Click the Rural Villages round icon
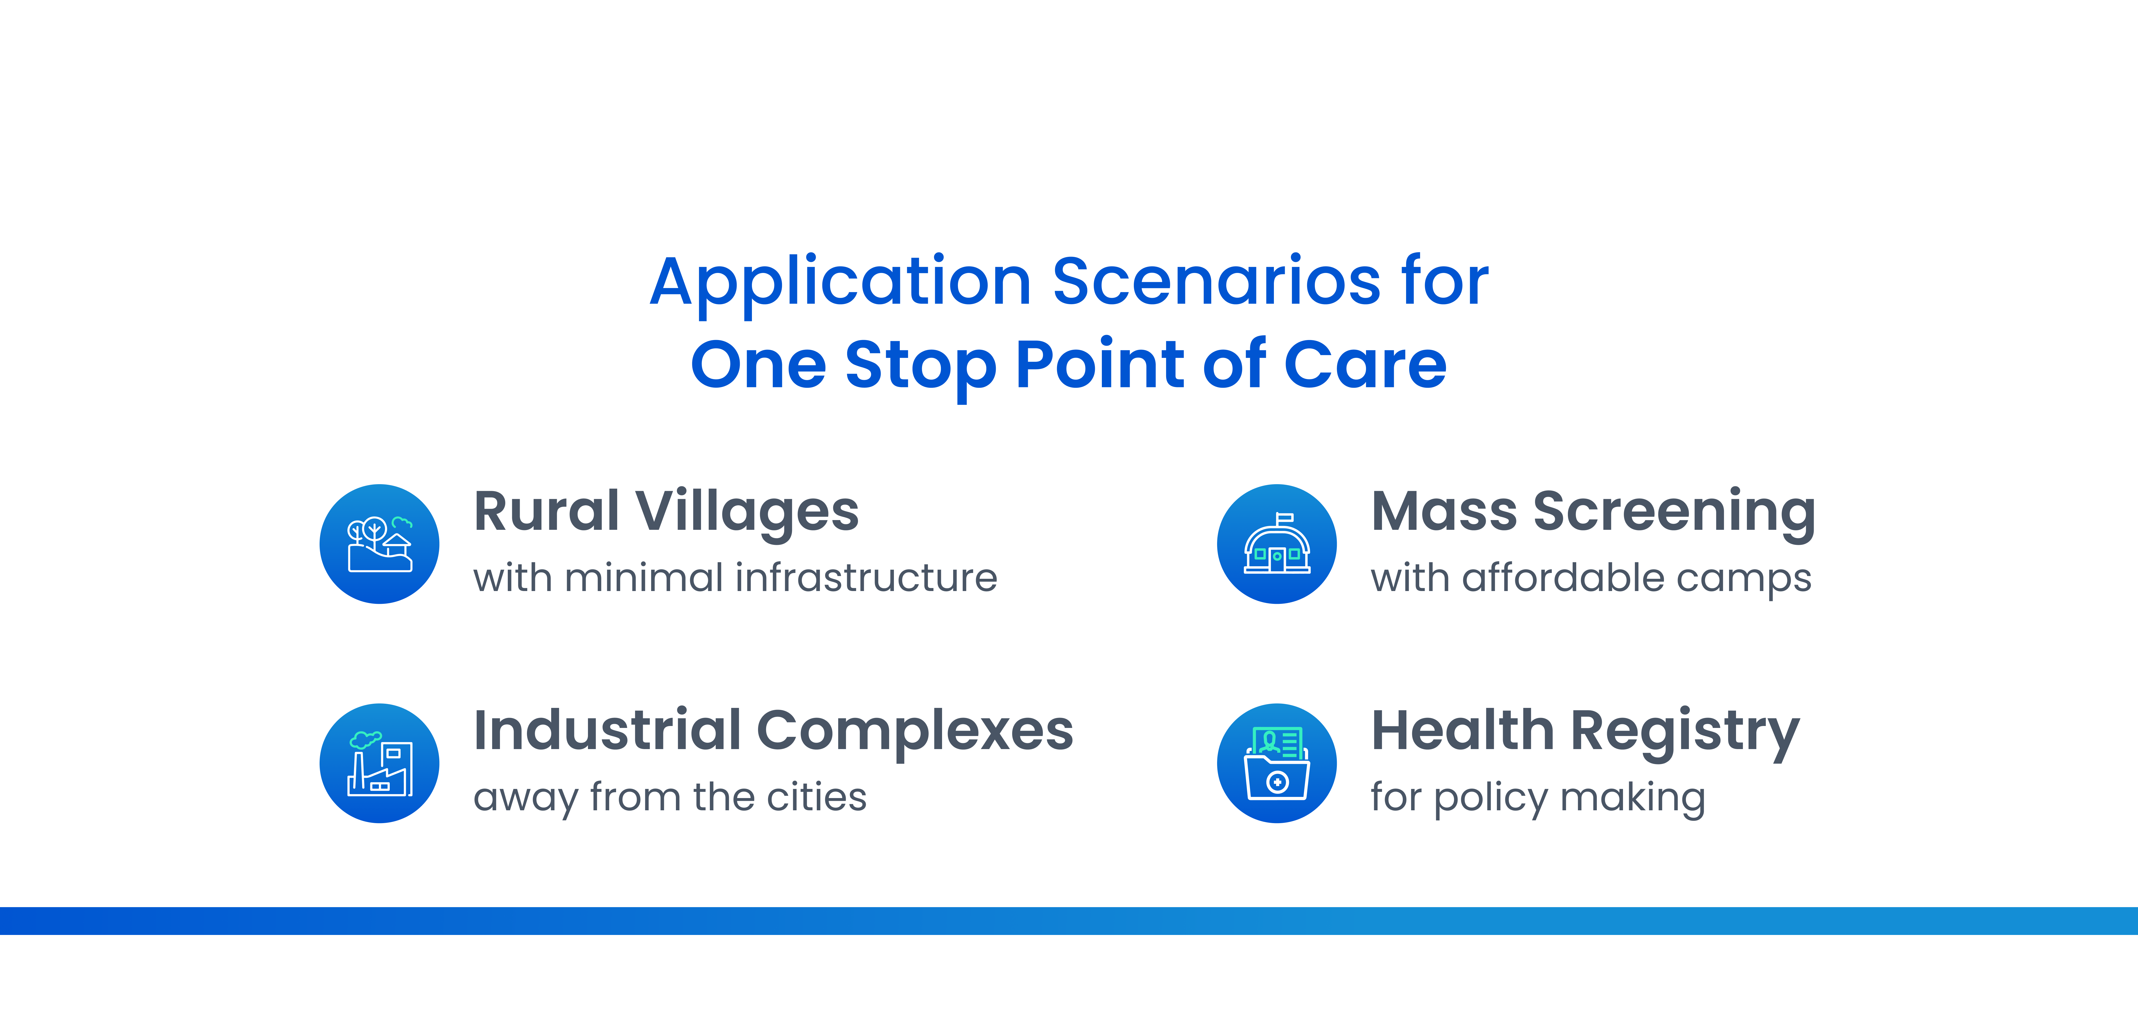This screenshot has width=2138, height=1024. (379, 543)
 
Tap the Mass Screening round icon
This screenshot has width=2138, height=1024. (1276, 543)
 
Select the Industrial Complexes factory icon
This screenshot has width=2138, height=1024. (379, 764)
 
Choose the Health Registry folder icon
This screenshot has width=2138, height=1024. (1276, 764)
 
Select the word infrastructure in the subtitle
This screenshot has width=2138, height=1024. (866, 578)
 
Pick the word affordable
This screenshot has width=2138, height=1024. (1563, 578)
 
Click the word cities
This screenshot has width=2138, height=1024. (817, 797)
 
